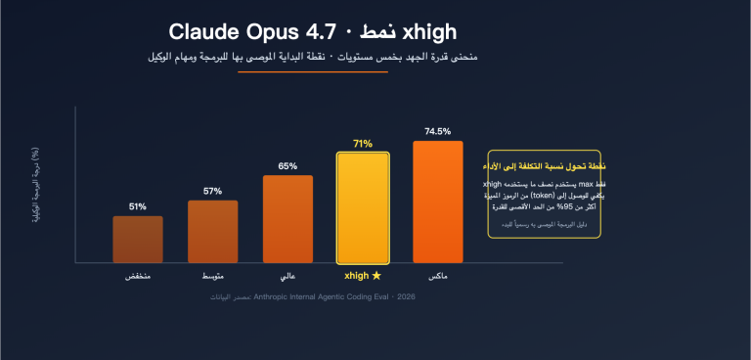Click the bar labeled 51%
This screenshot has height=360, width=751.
[138, 239]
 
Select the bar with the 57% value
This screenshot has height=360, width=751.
[212, 231]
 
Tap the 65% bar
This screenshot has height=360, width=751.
[287, 218]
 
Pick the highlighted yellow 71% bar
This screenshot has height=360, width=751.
[363, 207]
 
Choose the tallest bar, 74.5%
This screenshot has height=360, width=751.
[437, 202]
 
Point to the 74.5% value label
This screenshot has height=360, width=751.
[437, 130]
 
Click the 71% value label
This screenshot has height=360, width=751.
[363, 143]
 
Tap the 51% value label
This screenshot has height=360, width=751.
[138, 206]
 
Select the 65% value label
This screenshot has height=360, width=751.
[287, 166]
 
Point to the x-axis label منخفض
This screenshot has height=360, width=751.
[138, 278]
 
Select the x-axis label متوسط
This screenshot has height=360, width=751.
[212, 278]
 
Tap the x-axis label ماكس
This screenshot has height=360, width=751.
[437, 278]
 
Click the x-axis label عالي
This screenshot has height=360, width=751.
[287, 278]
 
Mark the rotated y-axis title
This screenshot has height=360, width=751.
[35, 187]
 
